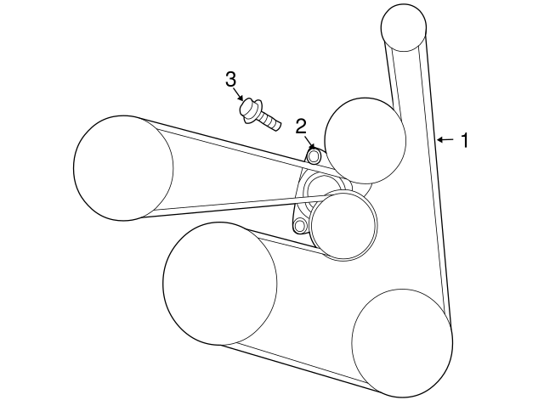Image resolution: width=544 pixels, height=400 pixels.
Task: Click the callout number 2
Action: click(x=301, y=127)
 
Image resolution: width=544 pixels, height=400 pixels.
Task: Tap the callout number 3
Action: click(x=230, y=80)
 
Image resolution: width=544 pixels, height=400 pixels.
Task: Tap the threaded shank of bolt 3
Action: click(x=271, y=121)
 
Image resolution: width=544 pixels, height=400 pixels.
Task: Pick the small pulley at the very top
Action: click(x=404, y=28)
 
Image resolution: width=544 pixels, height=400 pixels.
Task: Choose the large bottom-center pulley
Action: click(x=219, y=284)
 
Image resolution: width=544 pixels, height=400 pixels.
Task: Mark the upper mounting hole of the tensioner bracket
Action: click(x=314, y=157)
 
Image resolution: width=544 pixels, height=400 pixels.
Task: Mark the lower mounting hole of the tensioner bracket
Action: click(x=298, y=227)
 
